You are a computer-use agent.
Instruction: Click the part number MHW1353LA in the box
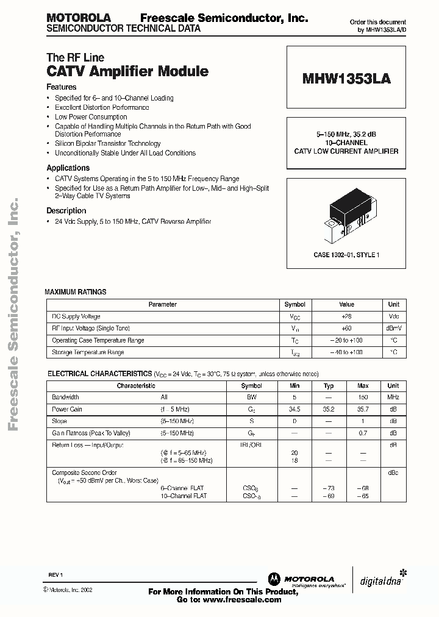tap(346, 79)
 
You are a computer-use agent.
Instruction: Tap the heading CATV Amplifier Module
tap(127, 71)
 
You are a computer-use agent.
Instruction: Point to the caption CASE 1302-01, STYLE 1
tap(346, 255)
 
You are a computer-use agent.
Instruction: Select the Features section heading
tap(62, 87)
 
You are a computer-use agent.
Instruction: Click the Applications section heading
tap(68, 168)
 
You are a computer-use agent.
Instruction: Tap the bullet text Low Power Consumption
tap(91, 116)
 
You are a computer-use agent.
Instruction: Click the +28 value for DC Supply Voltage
tap(346, 317)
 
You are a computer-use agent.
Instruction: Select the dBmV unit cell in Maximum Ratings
tap(394, 329)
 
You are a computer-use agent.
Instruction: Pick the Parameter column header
tap(163, 304)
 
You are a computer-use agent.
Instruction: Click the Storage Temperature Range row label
tap(88, 352)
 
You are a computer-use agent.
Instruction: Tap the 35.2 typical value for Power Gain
tap(329, 410)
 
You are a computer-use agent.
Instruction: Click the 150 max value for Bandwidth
tap(363, 398)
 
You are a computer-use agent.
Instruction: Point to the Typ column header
tap(329, 386)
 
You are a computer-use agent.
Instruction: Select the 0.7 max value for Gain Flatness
tap(363, 433)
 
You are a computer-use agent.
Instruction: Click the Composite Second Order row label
tap(84, 473)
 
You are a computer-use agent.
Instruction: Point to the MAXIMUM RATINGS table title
tap(76, 292)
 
